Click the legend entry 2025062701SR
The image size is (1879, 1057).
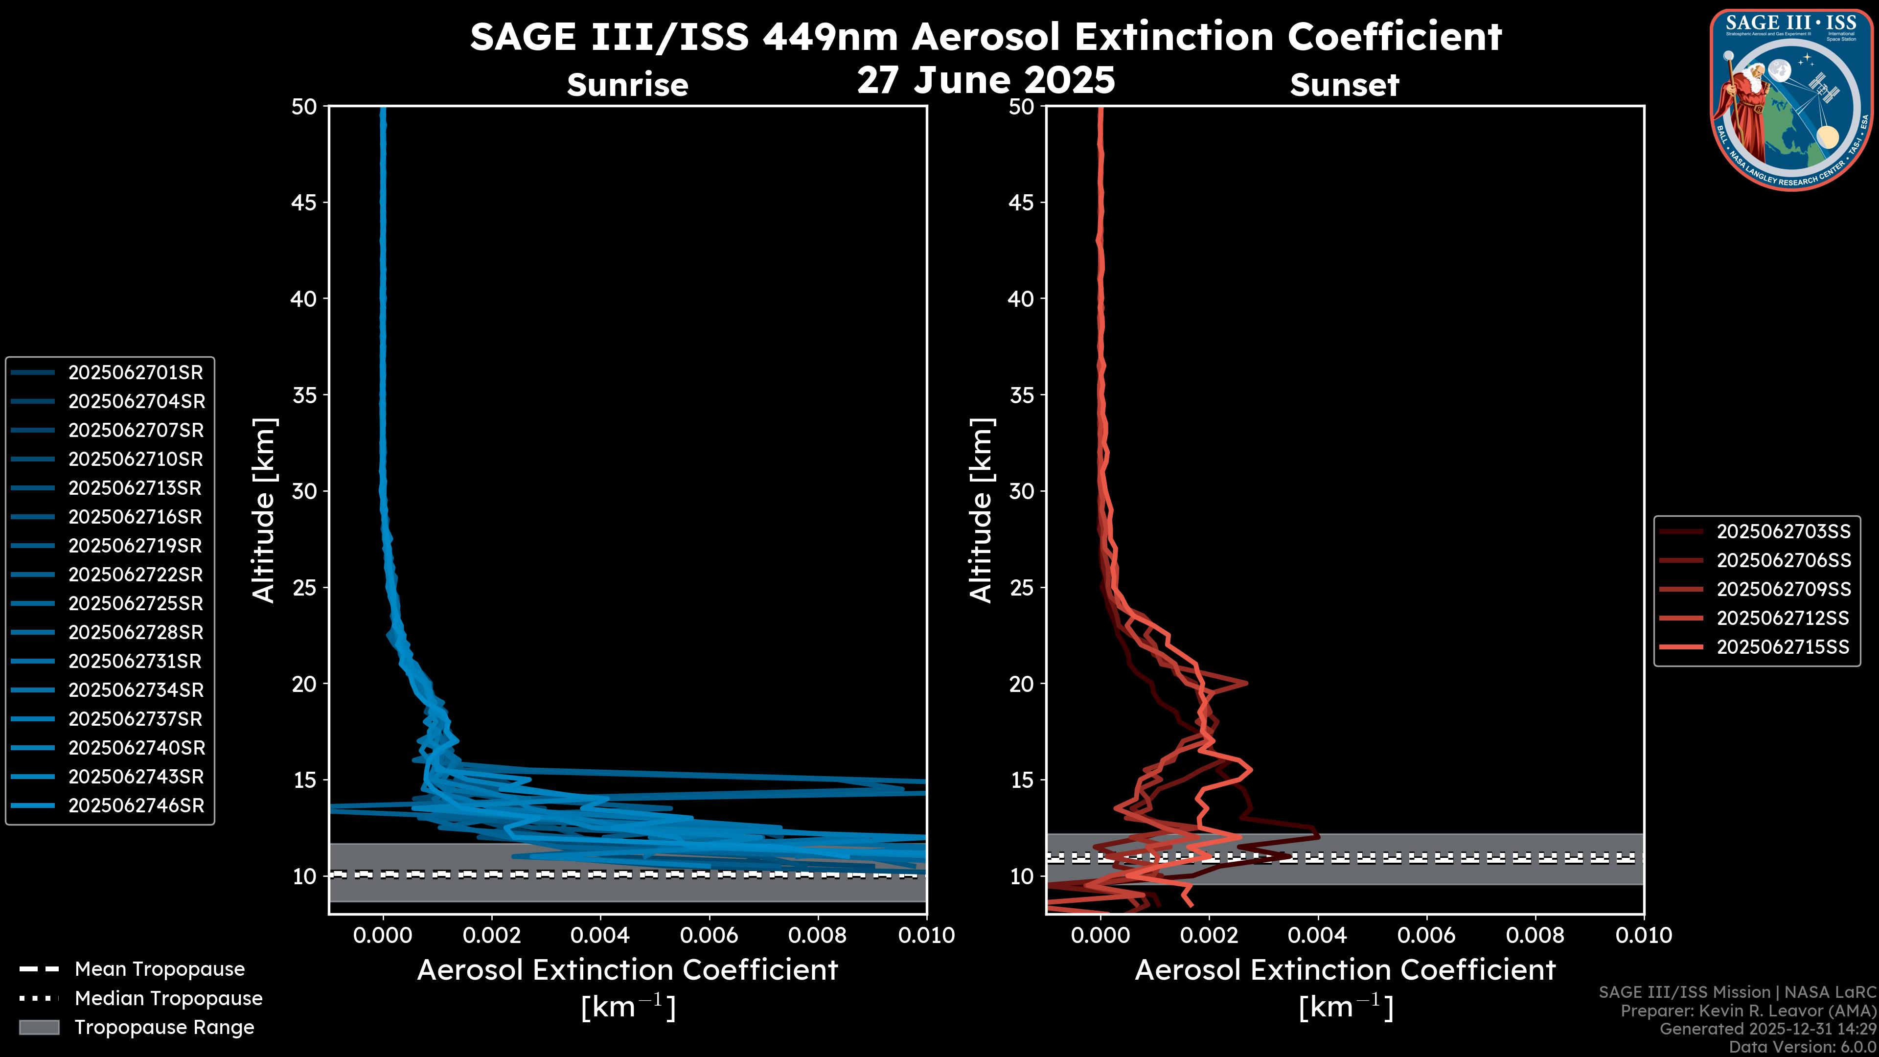pos(135,373)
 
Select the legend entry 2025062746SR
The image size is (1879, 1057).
pos(136,806)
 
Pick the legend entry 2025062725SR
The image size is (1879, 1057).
pos(135,604)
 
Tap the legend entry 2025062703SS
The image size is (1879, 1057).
pos(1783,532)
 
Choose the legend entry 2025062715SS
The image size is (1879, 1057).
pos(1782,647)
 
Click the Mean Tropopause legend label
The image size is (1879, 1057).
pos(159,969)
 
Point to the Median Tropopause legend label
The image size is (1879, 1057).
pos(168,999)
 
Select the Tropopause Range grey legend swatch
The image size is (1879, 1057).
pos(39,1027)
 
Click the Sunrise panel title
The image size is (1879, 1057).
pos(627,85)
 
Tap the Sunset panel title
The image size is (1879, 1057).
pos(1344,85)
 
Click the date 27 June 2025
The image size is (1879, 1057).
pos(985,80)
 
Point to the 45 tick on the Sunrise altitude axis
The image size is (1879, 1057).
pos(304,203)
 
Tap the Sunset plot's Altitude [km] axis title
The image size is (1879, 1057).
pos(981,510)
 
